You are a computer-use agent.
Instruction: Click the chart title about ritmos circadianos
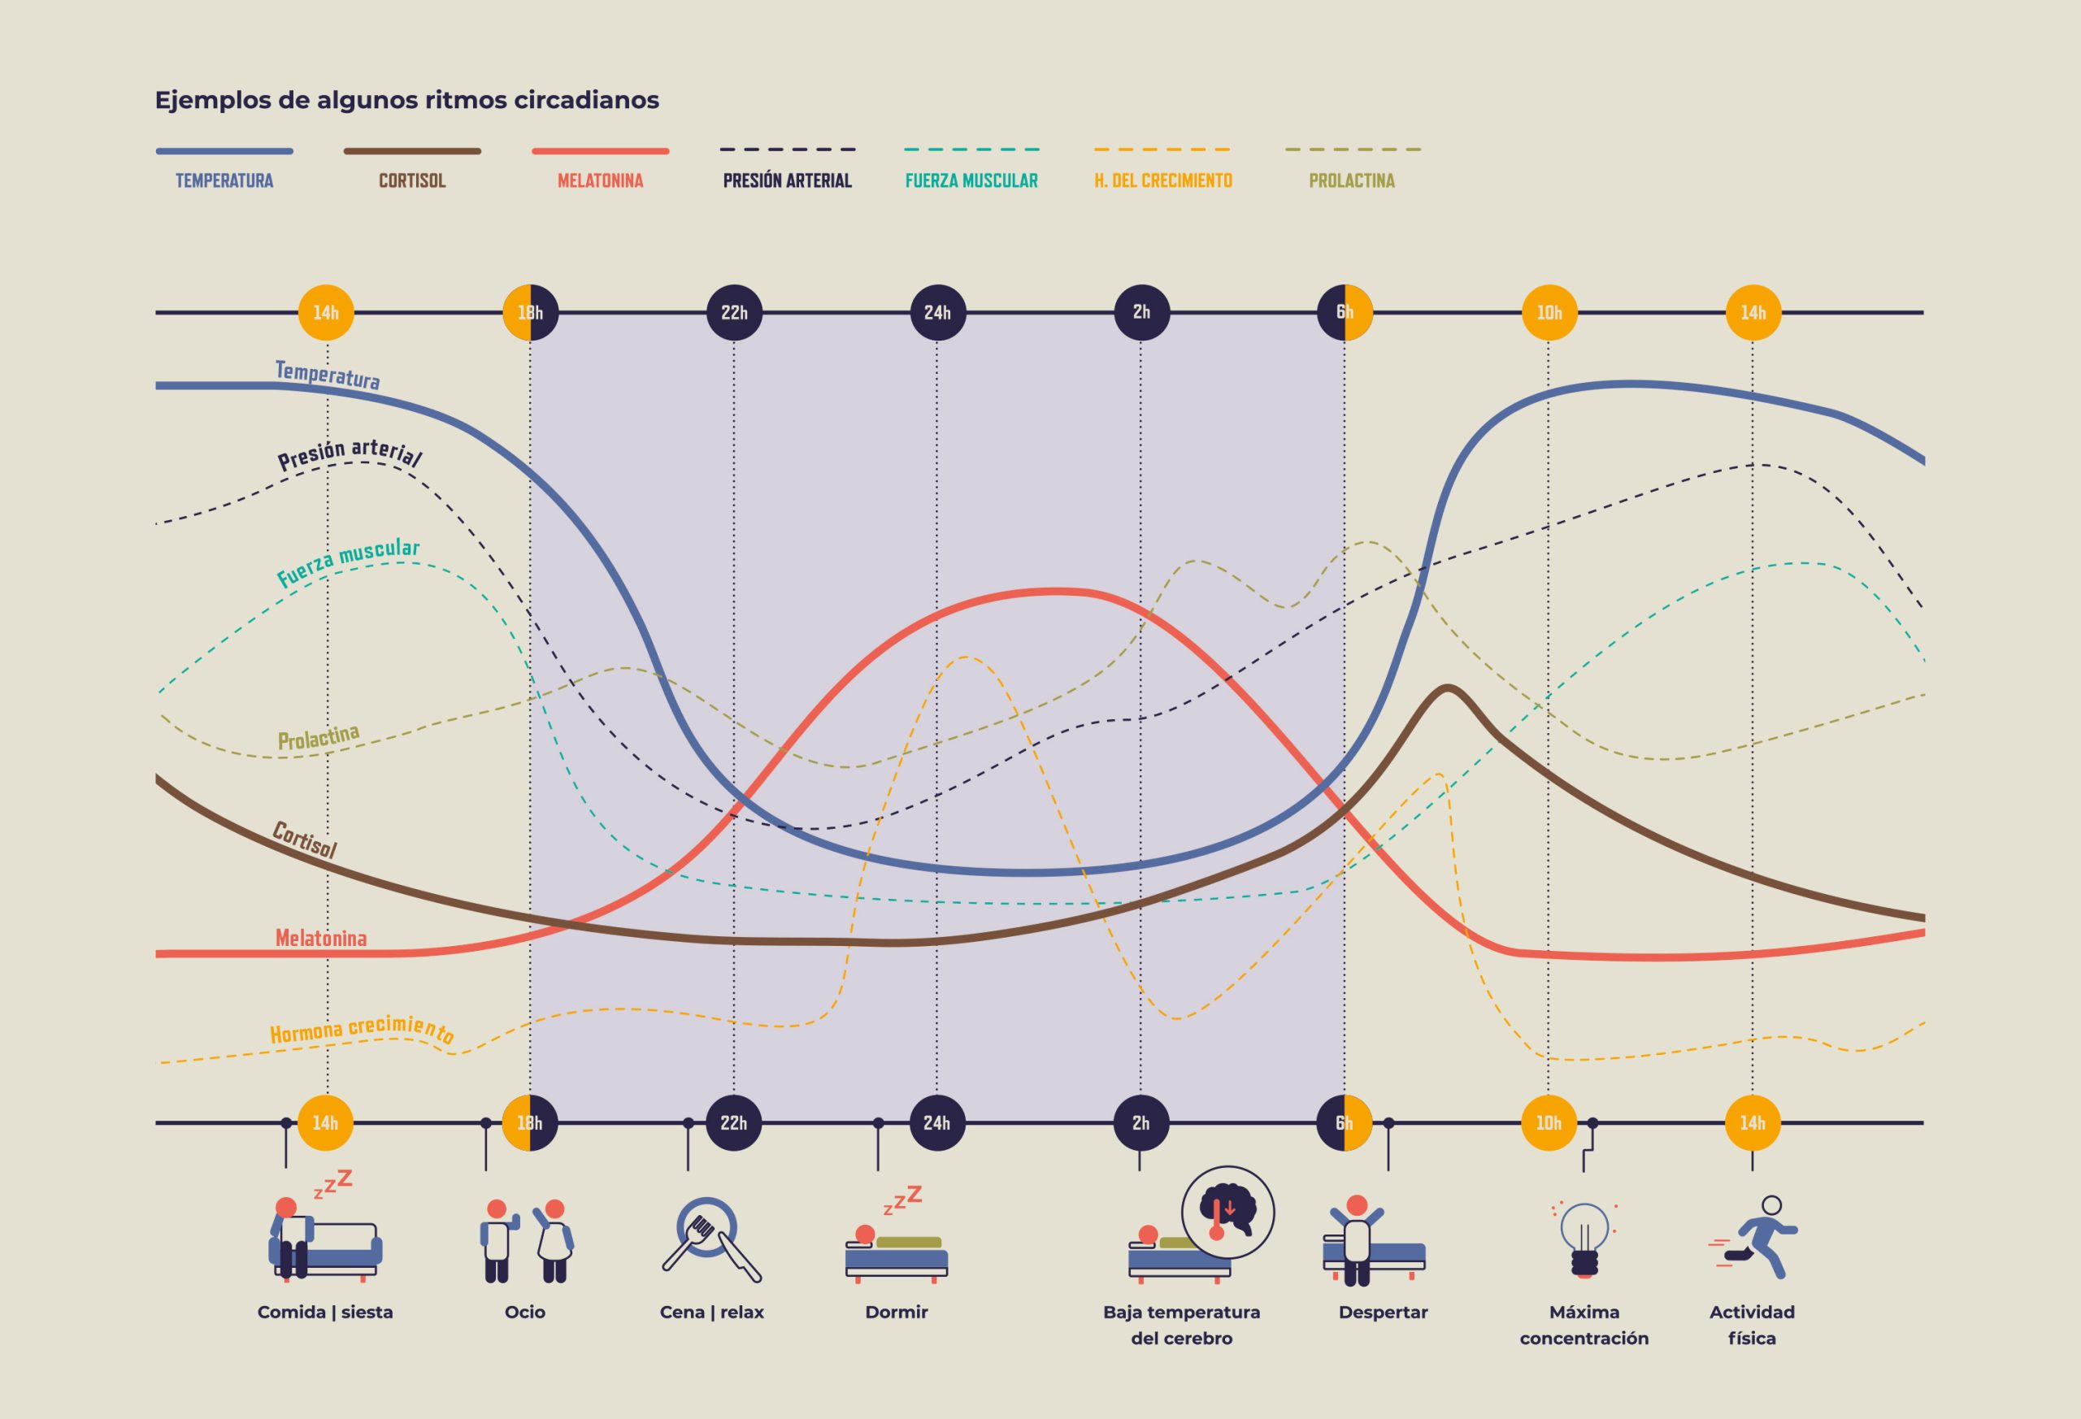[x=406, y=100]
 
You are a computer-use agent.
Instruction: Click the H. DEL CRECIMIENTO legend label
[x=1162, y=180]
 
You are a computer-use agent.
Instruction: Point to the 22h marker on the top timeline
[x=734, y=312]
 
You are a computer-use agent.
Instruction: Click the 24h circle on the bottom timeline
[x=936, y=1122]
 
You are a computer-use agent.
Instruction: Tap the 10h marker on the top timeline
[x=1549, y=312]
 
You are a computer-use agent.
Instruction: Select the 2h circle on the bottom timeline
[x=1140, y=1122]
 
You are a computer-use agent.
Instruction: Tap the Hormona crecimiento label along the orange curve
[x=362, y=1030]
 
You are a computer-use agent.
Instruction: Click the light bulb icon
[x=1584, y=1239]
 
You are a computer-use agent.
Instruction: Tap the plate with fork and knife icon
[x=711, y=1239]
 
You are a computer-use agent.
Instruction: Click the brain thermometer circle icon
[x=1227, y=1213]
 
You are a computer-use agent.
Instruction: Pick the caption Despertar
[x=1383, y=1313]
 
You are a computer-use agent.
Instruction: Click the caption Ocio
[x=525, y=1313]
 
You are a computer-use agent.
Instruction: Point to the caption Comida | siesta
[x=325, y=1313]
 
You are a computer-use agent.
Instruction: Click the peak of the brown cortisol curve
[x=1448, y=688]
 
